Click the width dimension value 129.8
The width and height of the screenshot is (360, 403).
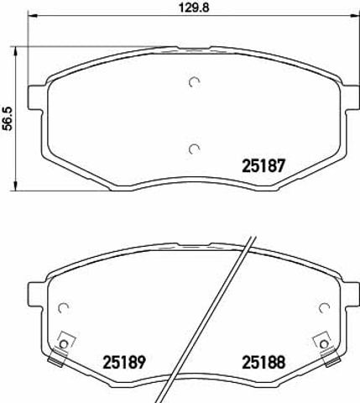194,8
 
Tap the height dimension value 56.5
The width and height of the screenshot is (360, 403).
8,118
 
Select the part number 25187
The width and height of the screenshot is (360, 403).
263,165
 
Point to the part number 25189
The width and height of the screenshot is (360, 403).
124,362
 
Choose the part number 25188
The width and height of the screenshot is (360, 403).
263,362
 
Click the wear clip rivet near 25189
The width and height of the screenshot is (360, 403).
64,343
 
